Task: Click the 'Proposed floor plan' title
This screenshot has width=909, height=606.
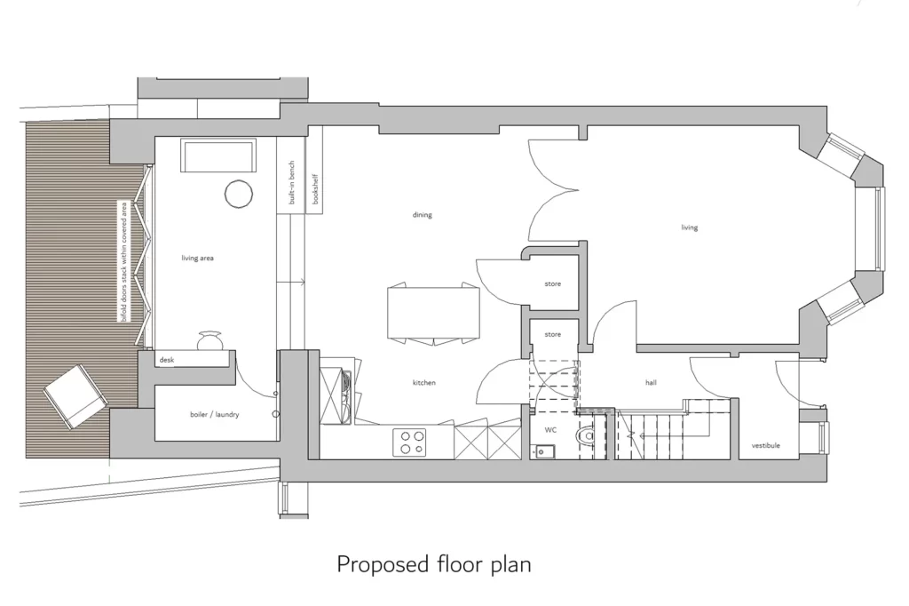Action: point(434,564)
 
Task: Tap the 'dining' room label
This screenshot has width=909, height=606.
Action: point(423,215)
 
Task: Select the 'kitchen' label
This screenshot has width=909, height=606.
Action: point(424,383)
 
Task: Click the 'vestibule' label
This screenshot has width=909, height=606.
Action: point(765,445)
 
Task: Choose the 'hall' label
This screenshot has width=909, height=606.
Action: point(651,383)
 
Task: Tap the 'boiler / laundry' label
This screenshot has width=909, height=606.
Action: point(214,415)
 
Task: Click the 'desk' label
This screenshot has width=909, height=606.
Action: point(167,360)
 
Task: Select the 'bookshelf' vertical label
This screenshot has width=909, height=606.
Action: point(315,189)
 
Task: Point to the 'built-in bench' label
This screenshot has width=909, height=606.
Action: point(290,184)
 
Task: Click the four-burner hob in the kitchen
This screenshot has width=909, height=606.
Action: point(409,442)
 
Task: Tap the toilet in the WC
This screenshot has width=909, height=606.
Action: point(587,438)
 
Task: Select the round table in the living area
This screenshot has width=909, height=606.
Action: point(238,194)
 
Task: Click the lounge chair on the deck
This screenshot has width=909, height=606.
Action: point(73,395)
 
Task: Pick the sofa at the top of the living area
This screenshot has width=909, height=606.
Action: point(218,156)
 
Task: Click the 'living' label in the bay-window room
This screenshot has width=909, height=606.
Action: point(690,228)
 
